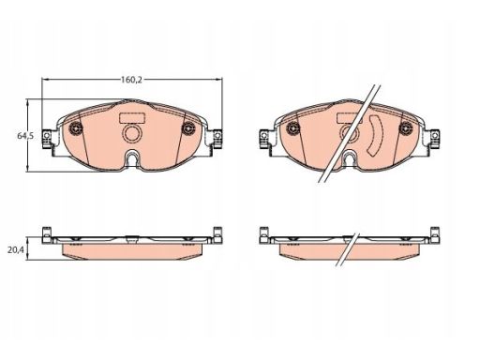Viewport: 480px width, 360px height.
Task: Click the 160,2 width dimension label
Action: (131, 80)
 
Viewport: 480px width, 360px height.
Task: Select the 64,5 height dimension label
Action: (25, 136)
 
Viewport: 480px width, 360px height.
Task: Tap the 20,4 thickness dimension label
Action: (16, 250)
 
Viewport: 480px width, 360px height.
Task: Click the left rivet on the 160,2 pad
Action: (76, 127)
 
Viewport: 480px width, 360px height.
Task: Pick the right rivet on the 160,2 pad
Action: (188, 127)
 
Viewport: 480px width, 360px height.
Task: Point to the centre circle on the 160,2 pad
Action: (132, 133)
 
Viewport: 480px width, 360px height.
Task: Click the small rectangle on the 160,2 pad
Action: (132, 117)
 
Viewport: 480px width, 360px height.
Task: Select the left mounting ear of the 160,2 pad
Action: (47, 139)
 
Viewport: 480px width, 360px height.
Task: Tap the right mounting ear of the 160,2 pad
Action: (217, 139)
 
